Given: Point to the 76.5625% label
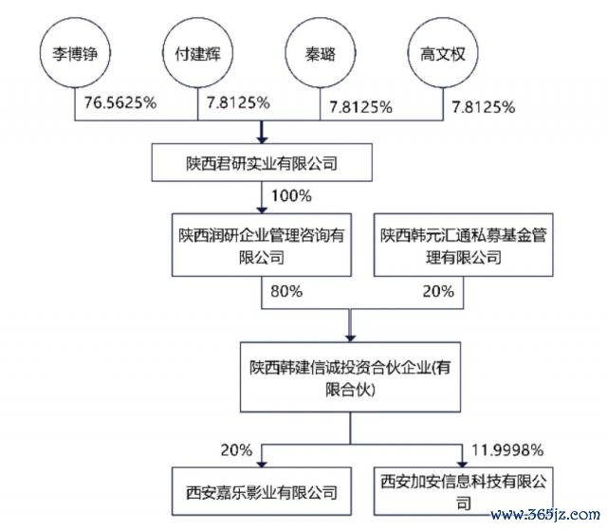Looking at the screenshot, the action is tap(120, 102).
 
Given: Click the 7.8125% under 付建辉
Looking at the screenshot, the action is tap(238, 102).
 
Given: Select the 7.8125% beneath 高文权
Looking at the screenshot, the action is tap(483, 107).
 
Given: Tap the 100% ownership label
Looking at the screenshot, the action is tap(291, 196).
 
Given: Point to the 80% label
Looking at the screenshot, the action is tap(286, 291).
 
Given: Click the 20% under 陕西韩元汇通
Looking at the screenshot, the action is tap(438, 291).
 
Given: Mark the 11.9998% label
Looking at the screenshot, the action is tap(507, 450).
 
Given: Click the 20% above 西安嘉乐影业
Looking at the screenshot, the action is tap(236, 450).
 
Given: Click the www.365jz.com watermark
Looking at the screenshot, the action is tap(545, 515).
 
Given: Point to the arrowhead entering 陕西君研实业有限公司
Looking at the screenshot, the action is tap(262, 139).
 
